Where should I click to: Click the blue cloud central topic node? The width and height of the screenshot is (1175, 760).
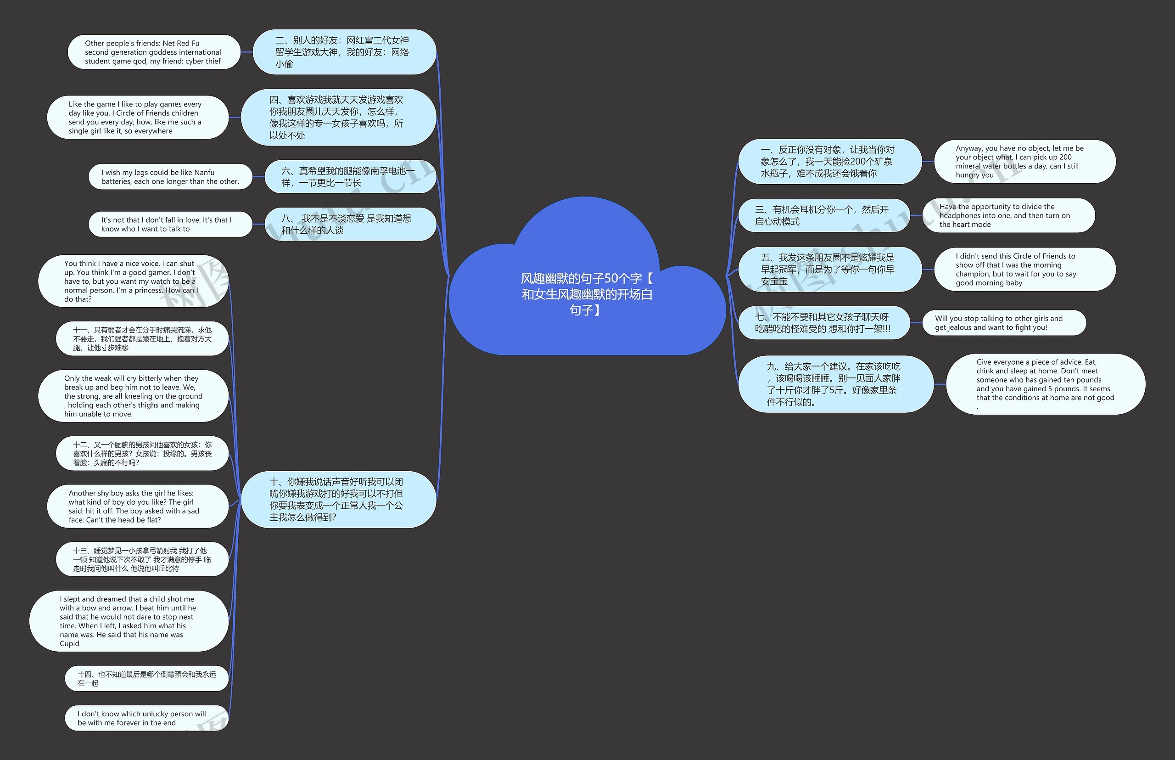(587, 294)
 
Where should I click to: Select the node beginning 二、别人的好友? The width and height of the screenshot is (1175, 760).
(344, 52)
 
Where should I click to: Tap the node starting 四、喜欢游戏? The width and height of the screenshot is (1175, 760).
(338, 118)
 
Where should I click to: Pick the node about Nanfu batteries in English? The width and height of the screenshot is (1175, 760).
(170, 177)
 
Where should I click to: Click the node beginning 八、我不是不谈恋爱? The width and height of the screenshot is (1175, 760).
(350, 224)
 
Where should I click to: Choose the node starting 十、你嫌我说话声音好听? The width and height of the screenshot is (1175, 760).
(338, 500)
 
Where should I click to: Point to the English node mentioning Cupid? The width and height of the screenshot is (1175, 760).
(128, 621)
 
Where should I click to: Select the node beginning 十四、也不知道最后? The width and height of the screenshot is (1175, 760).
(146, 679)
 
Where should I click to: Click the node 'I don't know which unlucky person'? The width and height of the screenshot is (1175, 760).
(146, 718)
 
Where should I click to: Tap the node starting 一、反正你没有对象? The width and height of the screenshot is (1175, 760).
(830, 161)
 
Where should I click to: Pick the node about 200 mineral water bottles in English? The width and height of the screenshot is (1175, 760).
(1024, 161)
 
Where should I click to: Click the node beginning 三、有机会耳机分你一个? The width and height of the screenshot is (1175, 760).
(824, 216)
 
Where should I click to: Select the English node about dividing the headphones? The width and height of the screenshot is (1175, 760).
(1008, 216)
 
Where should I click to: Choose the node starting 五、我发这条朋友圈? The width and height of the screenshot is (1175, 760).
(830, 270)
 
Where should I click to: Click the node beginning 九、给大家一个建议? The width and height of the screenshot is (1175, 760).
(835, 384)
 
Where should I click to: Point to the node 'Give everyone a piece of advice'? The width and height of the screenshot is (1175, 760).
(1045, 384)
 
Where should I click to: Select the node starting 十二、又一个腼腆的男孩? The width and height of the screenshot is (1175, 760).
(142, 454)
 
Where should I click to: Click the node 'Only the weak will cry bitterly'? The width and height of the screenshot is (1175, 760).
(133, 396)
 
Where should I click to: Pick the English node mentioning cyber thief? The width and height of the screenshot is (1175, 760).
(153, 52)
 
